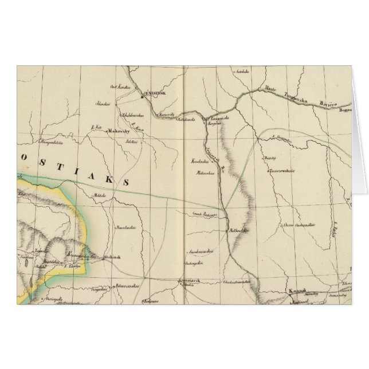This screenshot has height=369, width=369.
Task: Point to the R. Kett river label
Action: click(x=96, y=127)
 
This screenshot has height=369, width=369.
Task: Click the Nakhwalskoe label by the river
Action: click(x=239, y=231)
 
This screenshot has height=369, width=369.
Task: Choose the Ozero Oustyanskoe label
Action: click(x=297, y=227)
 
